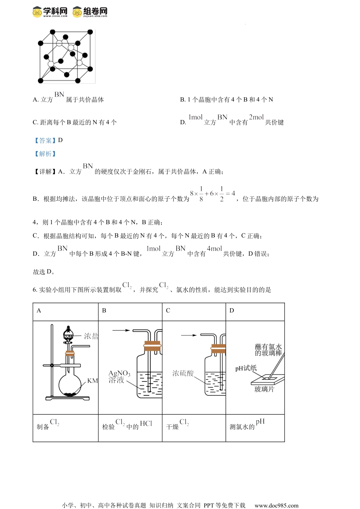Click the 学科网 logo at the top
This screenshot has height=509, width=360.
click(x=50, y=12)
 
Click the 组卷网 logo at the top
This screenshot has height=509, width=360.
click(x=90, y=12)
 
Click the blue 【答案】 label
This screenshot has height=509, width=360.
click(x=45, y=141)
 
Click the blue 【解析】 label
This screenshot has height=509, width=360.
click(x=45, y=154)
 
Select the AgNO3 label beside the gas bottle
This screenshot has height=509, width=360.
click(x=119, y=373)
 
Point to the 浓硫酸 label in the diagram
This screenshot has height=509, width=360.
click(x=183, y=373)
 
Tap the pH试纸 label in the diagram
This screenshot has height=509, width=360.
click(x=246, y=368)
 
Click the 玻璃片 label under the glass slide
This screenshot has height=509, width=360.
click(x=264, y=389)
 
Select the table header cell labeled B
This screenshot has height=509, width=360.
click(x=130, y=312)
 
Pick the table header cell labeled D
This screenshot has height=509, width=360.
click(x=255, y=312)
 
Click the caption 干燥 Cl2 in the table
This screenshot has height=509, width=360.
click(x=178, y=425)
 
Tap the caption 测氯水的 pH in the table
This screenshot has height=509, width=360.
click(x=247, y=425)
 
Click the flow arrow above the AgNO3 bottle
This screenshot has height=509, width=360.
click(x=121, y=330)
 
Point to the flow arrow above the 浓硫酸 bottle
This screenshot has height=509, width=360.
click(x=189, y=335)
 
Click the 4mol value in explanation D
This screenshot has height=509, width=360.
click(x=214, y=248)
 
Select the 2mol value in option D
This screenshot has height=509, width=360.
click(x=256, y=117)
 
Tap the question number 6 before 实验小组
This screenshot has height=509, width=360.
click(x=35, y=290)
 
